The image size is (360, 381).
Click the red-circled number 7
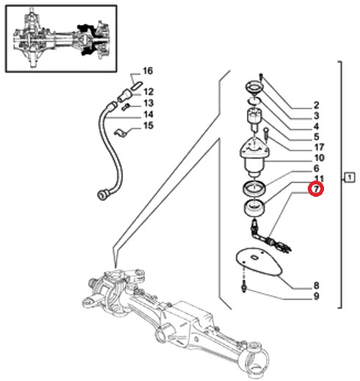[x=316, y=189]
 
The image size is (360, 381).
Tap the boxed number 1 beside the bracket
[x=350, y=177]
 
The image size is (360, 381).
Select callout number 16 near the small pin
[x=148, y=71]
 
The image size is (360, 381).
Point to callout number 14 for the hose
[x=148, y=115]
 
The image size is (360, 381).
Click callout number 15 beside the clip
[x=148, y=126]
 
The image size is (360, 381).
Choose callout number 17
[x=319, y=148]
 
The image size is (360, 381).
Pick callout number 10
[x=319, y=158]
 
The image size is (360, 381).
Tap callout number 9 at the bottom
[x=316, y=297]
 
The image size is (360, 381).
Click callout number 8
[x=316, y=286]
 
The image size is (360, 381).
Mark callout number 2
[x=317, y=105]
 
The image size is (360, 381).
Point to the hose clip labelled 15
[x=120, y=133]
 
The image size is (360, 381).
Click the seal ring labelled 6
[x=254, y=189]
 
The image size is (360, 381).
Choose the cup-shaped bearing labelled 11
[x=255, y=208]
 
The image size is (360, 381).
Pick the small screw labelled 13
[x=126, y=107]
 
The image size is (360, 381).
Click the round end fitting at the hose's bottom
[x=102, y=194]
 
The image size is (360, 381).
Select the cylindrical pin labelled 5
[x=253, y=120]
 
